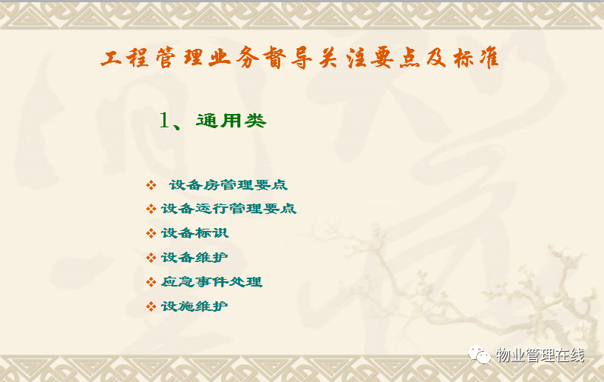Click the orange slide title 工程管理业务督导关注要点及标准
pos(299,58)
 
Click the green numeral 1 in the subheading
pos(164,120)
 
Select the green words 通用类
pos(231,121)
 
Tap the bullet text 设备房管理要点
pos(228,185)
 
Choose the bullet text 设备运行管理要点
pos(229,209)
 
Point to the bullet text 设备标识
pos(195,233)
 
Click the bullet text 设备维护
pos(194,258)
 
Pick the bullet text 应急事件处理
pos(212,281)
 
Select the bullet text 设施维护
pos(194,306)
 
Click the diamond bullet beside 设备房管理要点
pos(151,185)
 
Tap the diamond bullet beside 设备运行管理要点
pos(151,209)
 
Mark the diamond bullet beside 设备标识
pos(151,233)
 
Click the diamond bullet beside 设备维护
pos(151,258)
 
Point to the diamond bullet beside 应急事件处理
pos(151,282)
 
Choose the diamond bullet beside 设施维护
pos(151,306)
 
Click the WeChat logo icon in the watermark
pos(479,355)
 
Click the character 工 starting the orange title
pos(111,58)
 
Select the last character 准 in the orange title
pos(489,58)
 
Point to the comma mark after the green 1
pos(177,126)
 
